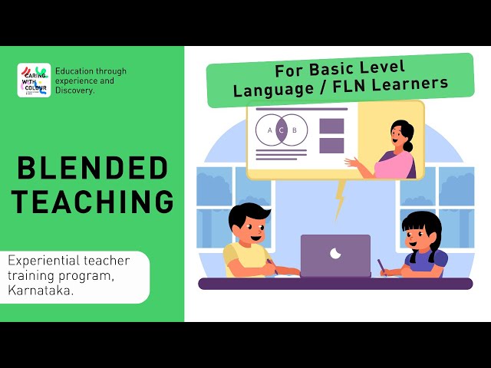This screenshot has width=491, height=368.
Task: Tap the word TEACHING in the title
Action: click(92, 201)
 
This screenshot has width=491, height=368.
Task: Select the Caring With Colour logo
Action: click(34, 80)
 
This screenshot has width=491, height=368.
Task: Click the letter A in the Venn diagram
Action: click(269, 130)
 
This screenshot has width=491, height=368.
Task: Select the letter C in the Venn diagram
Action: click(282, 130)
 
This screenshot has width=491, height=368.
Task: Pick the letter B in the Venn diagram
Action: click(294, 130)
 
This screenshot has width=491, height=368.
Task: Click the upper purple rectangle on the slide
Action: click(331, 127)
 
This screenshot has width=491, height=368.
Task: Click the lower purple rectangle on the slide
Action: click(331, 145)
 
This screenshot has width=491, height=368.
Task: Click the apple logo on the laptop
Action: click(334, 253)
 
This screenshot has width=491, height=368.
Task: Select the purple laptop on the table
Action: click(335, 255)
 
